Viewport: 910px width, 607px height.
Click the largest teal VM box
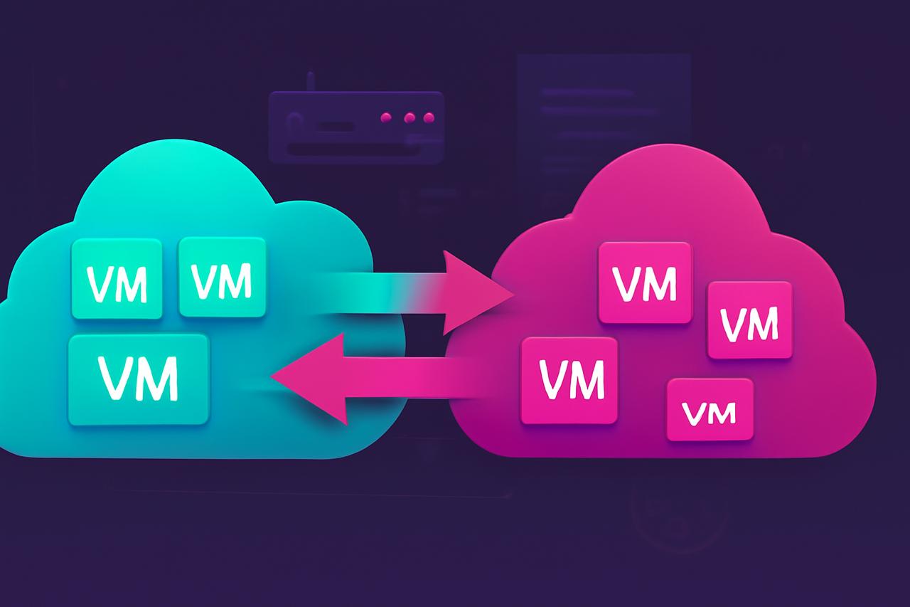coord(139,379)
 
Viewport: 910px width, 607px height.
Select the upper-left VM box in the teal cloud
coord(117,278)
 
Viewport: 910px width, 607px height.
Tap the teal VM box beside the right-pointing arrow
coord(223,278)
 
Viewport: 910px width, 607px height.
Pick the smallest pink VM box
coord(710,409)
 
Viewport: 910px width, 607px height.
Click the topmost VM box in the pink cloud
coord(646,283)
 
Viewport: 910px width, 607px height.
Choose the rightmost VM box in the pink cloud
coord(749,320)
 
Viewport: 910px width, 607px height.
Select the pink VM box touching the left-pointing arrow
coord(569,380)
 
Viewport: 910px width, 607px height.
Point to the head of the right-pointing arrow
coord(476,292)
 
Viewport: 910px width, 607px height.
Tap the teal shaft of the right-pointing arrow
coord(370,292)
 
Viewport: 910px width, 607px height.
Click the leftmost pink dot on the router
coord(387,117)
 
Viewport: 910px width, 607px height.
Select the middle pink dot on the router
coord(408,117)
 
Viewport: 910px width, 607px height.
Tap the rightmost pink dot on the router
coord(428,117)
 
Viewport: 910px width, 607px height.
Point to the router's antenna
coord(310,82)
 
